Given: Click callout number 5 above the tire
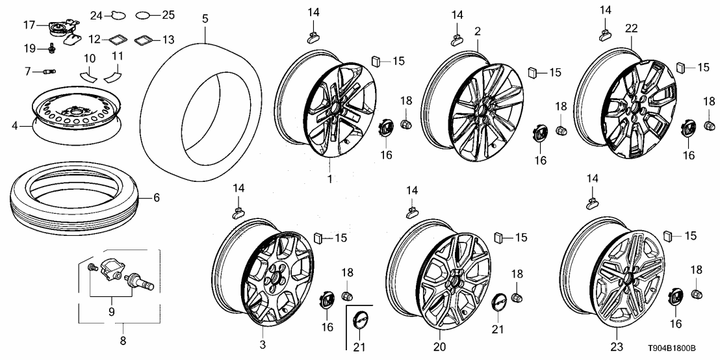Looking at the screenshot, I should coord(205,19).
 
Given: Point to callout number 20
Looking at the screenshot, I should coord(439,346).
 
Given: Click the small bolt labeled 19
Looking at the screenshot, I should coord(50,47).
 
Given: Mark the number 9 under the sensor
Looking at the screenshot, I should coord(110,312).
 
